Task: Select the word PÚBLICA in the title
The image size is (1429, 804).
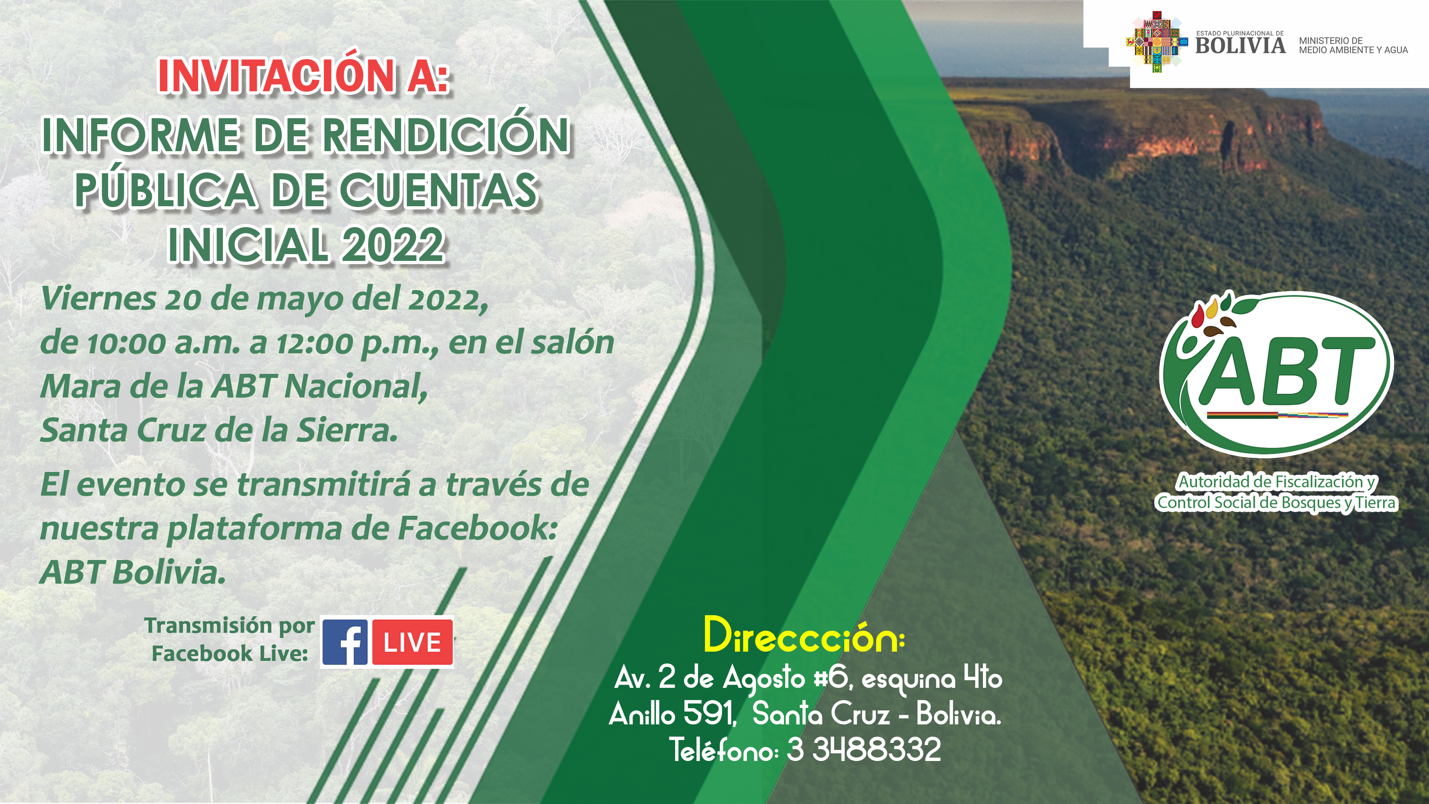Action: pyautogui.click(x=165, y=190)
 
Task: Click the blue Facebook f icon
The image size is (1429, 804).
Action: pyautogui.click(x=344, y=642)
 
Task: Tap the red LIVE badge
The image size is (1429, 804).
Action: pyautogui.click(x=412, y=642)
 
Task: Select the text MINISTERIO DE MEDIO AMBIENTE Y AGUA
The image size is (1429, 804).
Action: pyautogui.click(x=1353, y=45)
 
